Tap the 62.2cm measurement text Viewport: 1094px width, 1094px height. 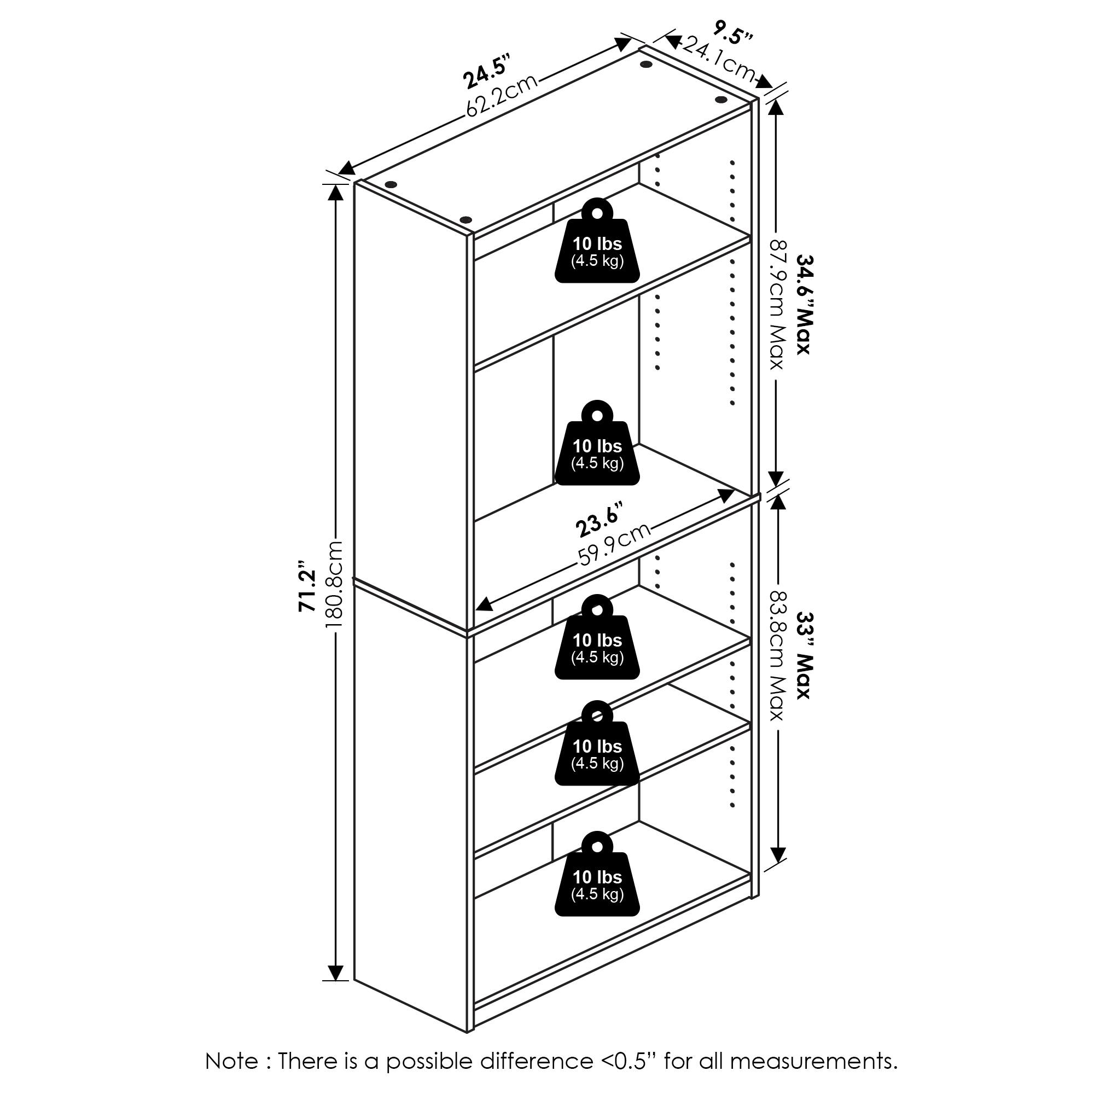click(501, 96)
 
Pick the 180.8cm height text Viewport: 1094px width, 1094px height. click(334, 583)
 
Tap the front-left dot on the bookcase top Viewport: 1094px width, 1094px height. click(465, 220)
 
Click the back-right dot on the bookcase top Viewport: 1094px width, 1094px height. click(720, 100)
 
